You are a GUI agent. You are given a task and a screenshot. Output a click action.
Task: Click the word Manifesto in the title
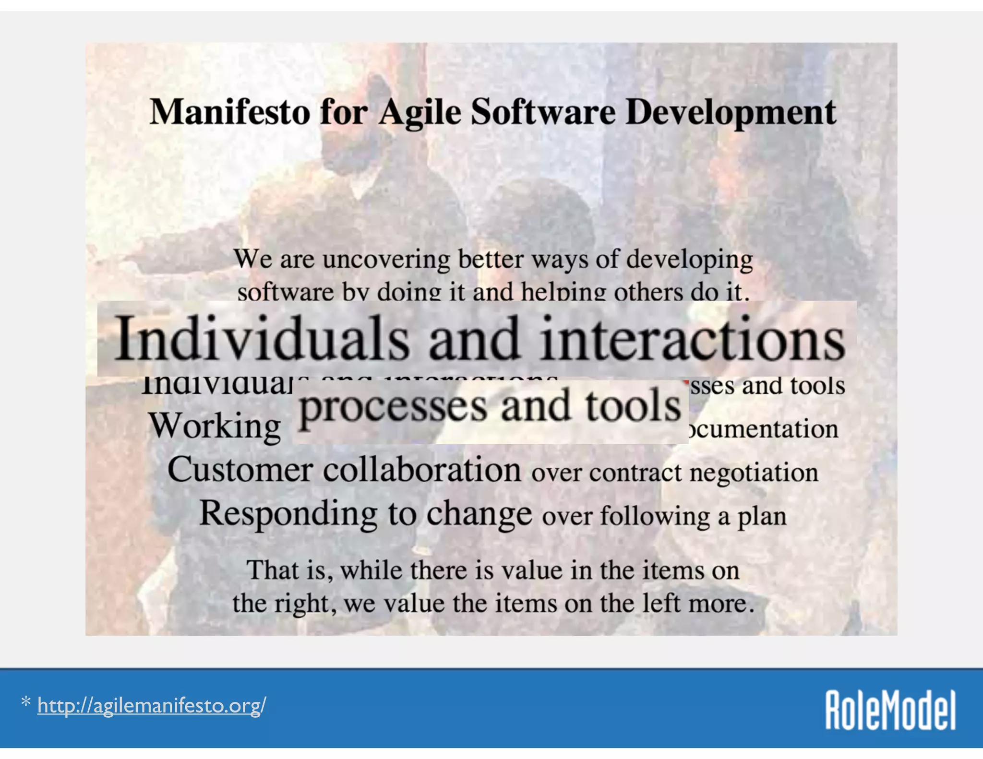pos(229,112)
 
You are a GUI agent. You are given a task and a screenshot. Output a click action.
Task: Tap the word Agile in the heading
pos(420,113)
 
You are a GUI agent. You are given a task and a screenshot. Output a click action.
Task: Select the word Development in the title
pos(731,113)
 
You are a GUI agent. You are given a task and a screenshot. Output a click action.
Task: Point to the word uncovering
pos(386,260)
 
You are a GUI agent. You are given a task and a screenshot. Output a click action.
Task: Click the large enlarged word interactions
pos(692,339)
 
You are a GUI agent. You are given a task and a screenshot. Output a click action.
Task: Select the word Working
pos(214,426)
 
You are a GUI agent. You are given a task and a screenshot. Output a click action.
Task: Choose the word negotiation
pos(754,473)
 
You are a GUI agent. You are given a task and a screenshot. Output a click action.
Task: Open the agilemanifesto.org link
pos(151,705)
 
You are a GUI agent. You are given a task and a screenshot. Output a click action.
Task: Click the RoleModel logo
pos(890,710)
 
